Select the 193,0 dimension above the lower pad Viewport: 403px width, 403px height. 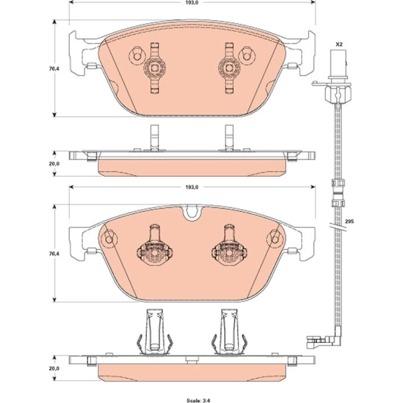point(192,187)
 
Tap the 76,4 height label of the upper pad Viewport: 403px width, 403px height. point(55,69)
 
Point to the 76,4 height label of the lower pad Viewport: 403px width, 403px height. point(55,253)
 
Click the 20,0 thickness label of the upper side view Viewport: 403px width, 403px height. point(54,164)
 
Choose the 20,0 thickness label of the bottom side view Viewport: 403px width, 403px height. point(54,368)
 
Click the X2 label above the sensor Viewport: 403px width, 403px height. point(339,44)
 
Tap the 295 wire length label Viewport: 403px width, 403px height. point(349,222)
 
